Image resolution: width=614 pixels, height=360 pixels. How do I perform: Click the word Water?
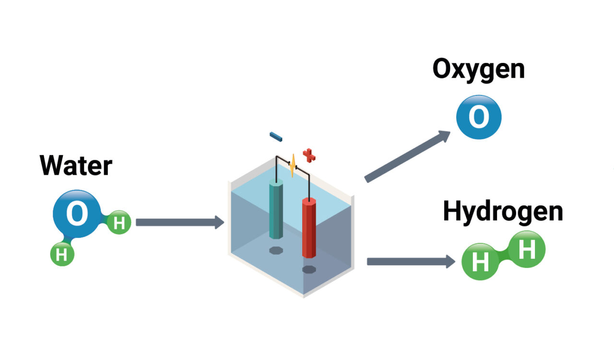pos(76,166)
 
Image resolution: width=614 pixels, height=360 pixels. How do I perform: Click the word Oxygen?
pos(478,70)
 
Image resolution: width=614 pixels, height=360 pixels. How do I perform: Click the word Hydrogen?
pos(502,212)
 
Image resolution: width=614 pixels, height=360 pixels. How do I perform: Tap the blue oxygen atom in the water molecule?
pos(76,215)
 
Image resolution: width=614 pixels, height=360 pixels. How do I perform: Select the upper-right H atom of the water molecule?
pos(119,223)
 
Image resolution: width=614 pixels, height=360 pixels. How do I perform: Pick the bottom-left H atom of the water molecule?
pos(62,254)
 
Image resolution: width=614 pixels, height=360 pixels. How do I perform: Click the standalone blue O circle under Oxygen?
pos(478,117)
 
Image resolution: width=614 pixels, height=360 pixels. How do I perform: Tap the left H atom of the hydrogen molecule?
pos(480,262)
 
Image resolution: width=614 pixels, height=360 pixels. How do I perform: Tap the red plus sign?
pos(309,156)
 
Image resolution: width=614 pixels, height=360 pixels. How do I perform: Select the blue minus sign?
pos(275,137)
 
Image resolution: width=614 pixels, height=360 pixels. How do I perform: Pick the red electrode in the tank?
pos(309,228)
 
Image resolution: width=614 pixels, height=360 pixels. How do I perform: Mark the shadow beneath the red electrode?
pos(309,269)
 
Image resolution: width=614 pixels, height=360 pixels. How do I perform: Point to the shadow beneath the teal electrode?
pos(276,250)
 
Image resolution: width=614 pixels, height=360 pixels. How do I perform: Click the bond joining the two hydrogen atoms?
pos(503,256)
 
